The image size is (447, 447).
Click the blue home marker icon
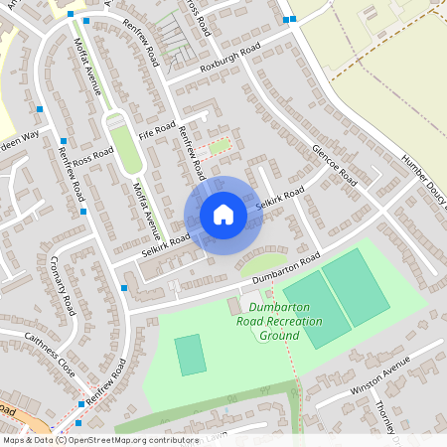tap(223, 214)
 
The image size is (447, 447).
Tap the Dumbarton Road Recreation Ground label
tap(267, 322)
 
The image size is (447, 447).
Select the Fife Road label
tap(157, 130)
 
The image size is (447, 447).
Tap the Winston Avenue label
tap(380, 381)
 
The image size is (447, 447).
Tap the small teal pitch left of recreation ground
tap(190, 355)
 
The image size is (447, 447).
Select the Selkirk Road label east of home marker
tap(279, 199)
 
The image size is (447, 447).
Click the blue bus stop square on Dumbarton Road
tap(123, 288)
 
